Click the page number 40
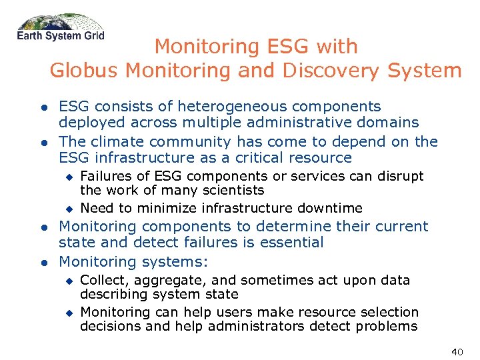click(457, 351)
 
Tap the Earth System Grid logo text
click(61, 35)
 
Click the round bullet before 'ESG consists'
click(42, 107)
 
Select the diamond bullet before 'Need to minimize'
click(67, 209)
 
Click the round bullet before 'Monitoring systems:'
click(42, 262)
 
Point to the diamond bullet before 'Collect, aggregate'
click(67, 281)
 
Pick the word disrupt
click(399, 176)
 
